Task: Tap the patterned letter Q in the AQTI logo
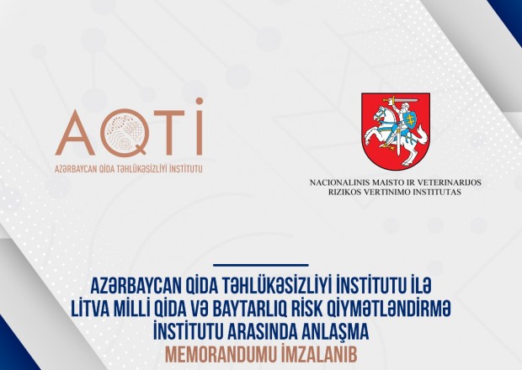[124, 132]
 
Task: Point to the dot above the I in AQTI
[200, 101]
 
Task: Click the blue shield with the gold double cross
[411, 119]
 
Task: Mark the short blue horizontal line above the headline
[261, 265]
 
